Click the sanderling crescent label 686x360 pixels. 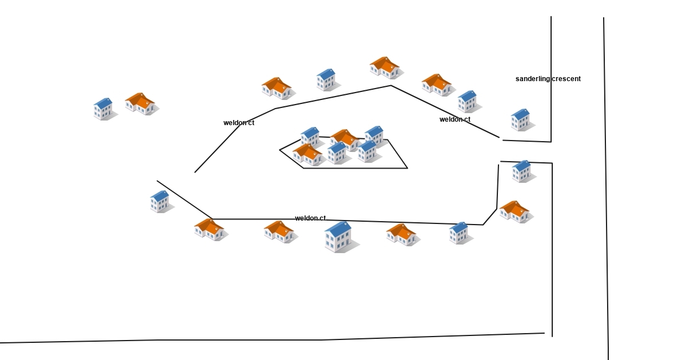(x=548, y=79)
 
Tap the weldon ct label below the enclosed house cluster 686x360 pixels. (x=310, y=218)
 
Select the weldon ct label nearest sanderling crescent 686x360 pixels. (x=455, y=119)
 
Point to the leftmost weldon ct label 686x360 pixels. (x=239, y=123)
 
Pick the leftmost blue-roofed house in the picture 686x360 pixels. (x=103, y=109)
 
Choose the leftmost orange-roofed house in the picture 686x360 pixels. (x=139, y=103)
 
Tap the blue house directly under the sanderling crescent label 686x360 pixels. (x=521, y=119)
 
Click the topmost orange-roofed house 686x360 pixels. (x=384, y=67)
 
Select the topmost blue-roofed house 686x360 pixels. (x=326, y=80)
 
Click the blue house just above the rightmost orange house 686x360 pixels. (x=522, y=170)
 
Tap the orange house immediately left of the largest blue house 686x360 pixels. (x=278, y=231)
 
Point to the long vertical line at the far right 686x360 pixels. (x=606, y=189)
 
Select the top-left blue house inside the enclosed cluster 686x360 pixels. (x=310, y=137)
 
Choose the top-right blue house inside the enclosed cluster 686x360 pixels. (x=374, y=135)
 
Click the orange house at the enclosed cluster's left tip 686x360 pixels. (x=307, y=154)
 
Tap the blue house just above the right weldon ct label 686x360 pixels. (x=468, y=101)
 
